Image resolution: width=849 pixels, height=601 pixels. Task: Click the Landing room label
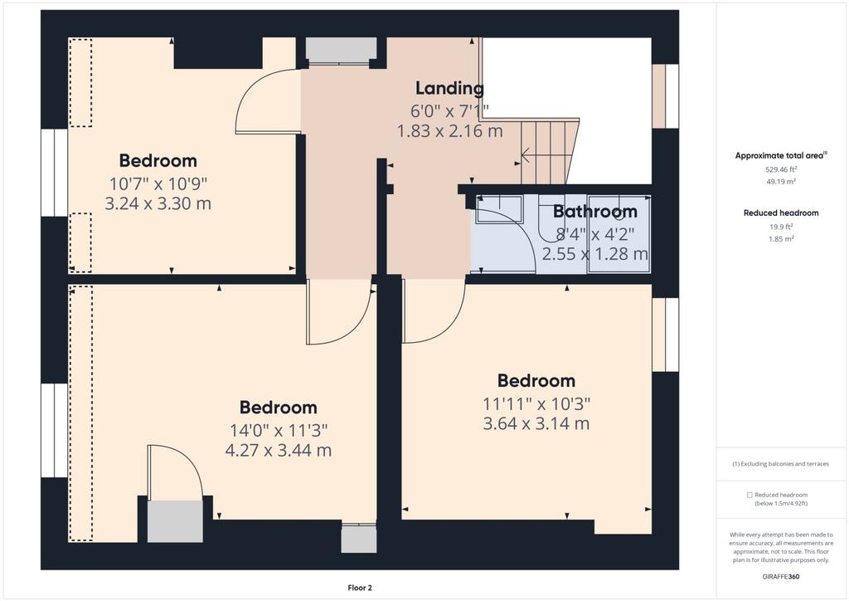(449, 88)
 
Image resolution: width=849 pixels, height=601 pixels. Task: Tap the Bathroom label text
(594, 212)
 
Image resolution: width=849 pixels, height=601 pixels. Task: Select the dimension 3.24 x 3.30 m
(158, 203)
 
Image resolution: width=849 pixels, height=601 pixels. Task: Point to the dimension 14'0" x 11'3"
(279, 430)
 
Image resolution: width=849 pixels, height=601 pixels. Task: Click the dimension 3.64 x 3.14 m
(536, 423)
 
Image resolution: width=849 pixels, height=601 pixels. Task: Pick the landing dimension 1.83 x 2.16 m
(450, 130)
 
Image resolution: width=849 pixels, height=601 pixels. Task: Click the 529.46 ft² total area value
(781, 169)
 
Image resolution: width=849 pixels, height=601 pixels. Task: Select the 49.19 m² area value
(781, 182)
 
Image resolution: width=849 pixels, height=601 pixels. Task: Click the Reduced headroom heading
(781, 213)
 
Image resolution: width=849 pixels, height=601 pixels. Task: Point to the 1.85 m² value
(781, 238)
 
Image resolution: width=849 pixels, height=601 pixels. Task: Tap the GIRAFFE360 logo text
(781, 577)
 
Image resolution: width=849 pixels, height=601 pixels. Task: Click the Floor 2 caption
(360, 588)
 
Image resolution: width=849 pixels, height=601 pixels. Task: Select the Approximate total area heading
(781, 155)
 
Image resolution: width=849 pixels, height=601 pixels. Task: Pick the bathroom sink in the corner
(498, 210)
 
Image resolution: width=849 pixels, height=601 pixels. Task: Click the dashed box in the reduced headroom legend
(750, 495)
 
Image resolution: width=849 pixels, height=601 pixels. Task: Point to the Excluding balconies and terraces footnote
(781, 464)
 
